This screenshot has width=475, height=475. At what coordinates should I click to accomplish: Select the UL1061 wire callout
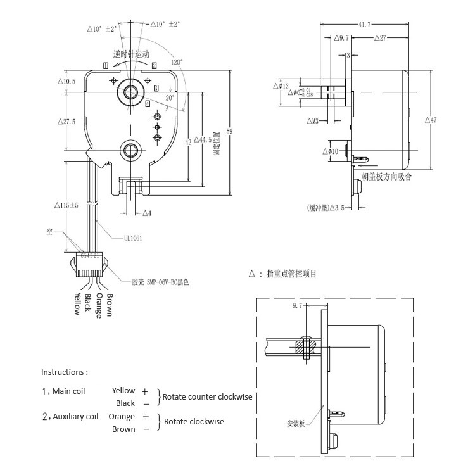134,238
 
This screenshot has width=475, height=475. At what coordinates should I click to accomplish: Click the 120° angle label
176,62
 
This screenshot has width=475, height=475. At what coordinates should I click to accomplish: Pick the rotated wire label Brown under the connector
110,305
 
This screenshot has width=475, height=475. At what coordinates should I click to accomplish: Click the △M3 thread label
312,120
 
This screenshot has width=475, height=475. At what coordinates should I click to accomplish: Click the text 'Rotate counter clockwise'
207,397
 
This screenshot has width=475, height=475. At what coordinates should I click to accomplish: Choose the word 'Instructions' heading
64,372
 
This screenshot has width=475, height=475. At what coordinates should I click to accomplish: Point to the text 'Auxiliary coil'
76,417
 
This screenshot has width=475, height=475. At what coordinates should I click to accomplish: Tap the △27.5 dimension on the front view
66,122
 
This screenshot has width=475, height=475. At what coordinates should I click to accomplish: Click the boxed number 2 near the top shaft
154,65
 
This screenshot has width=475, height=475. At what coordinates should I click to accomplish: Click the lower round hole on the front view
132,149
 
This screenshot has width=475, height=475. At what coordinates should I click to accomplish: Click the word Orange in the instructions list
122,417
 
